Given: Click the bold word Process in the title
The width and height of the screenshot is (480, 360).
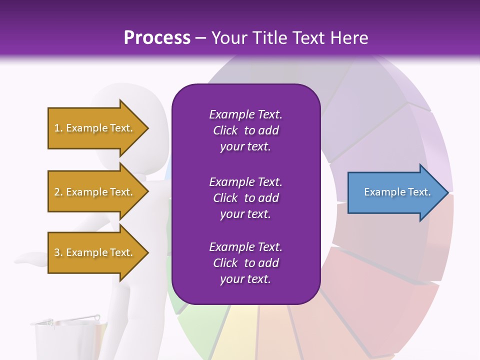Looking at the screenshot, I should pos(157,38).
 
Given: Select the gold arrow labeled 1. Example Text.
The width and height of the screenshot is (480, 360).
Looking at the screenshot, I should pos(95,128).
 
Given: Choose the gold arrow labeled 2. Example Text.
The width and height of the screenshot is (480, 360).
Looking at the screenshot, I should pos(95,192).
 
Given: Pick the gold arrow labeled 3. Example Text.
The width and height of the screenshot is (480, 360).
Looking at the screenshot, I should pos(95,252).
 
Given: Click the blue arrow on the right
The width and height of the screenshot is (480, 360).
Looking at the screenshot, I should pos(395,192).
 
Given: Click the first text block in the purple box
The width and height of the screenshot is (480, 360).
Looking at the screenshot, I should pos(245,130).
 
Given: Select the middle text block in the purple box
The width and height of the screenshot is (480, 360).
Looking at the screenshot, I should pos(245,198).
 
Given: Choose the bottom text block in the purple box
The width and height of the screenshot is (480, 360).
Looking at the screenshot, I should pos(245,263).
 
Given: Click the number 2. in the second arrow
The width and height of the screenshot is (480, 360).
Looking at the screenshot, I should pos(58,192).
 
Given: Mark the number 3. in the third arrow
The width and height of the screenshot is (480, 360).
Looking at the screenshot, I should pos(58,252).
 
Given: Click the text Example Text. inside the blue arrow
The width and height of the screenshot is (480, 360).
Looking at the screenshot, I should pos(397,192).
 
